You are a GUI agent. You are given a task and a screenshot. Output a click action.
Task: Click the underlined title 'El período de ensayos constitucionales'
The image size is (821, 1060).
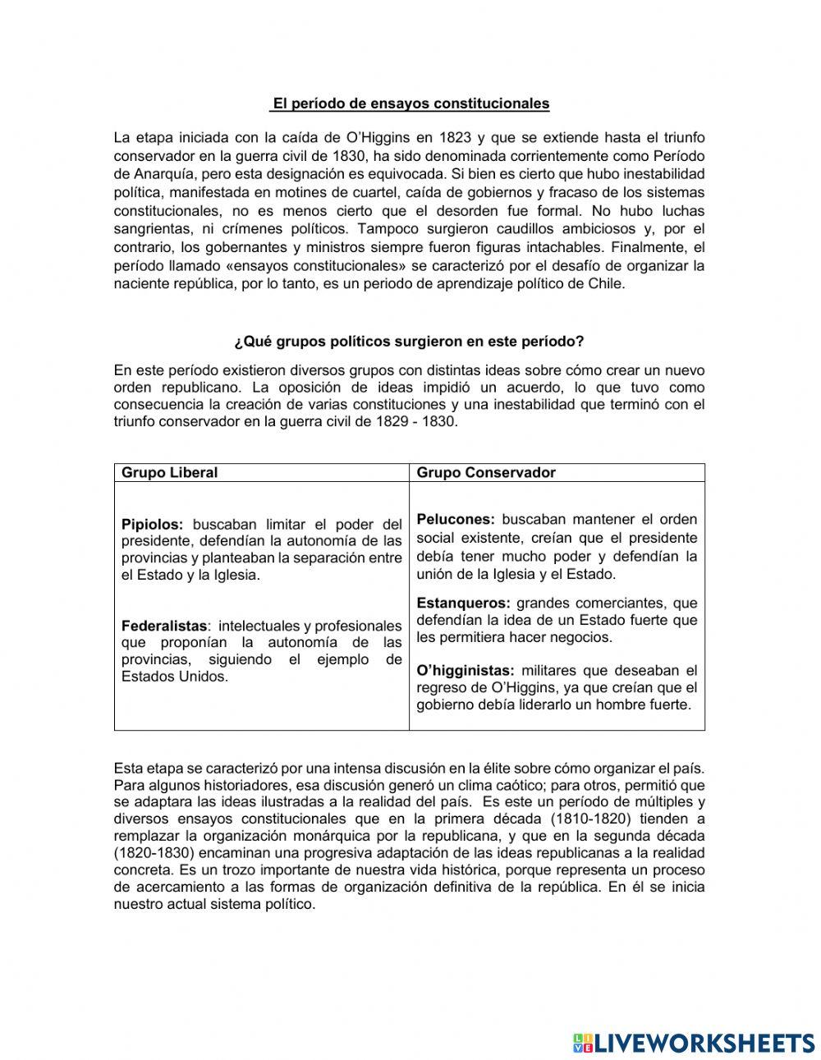tap(410, 103)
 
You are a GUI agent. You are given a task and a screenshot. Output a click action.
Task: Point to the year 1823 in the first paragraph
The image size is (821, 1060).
tap(456, 137)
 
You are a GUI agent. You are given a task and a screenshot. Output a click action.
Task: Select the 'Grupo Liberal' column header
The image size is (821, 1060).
tap(170, 472)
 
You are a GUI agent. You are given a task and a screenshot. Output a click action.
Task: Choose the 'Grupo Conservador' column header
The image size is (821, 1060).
tap(486, 472)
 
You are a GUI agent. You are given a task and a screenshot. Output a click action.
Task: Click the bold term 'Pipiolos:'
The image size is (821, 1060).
tap(153, 524)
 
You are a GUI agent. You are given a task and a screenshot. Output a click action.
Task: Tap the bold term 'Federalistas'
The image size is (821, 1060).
tap(163, 626)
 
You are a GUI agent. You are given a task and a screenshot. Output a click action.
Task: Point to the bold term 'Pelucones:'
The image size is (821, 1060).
tap(456, 519)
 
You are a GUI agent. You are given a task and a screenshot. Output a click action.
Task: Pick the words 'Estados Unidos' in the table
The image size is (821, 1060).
tap(174, 677)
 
